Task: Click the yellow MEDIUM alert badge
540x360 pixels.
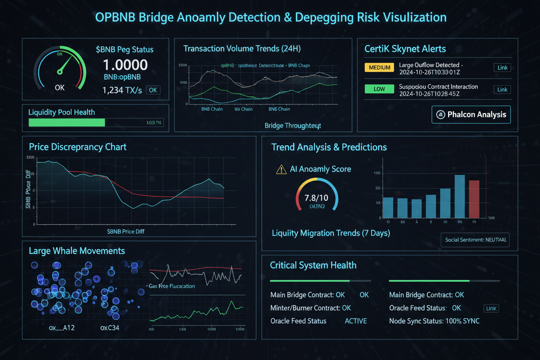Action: coord(380,67)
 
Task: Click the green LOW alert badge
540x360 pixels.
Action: coord(379,89)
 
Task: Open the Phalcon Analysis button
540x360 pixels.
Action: coord(471,115)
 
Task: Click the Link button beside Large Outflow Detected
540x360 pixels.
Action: coord(502,67)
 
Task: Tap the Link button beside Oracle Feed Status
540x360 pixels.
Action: coord(491,309)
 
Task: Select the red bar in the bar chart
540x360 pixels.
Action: coord(474,199)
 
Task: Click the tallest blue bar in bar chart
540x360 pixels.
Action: coord(460,196)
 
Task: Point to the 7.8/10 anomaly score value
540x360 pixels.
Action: coord(316,198)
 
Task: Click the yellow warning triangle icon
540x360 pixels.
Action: coord(281,169)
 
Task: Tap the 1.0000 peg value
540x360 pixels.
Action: coord(125,65)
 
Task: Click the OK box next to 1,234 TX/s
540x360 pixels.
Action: coord(153,90)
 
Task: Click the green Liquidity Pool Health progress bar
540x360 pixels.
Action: coord(67,122)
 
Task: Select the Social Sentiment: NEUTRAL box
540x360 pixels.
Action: coord(475,239)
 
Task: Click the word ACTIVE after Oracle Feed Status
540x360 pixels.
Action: coord(356,321)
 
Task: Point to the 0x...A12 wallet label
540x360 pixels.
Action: coord(61,328)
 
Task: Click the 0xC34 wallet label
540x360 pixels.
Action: coord(109,328)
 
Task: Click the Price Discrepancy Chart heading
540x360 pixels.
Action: coord(77,147)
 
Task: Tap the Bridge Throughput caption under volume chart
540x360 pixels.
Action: coord(292,125)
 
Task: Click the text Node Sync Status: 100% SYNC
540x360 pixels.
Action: coord(434,321)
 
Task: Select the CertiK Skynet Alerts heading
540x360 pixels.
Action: coord(405,49)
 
